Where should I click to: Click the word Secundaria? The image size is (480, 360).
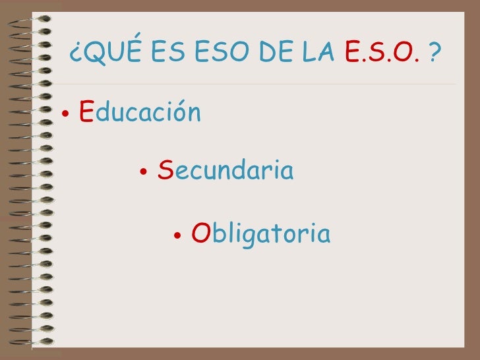(225, 172)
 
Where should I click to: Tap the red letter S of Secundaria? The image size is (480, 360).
(165, 172)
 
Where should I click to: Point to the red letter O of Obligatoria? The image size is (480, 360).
(200, 233)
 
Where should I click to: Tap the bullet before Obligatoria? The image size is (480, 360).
(177, 235)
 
